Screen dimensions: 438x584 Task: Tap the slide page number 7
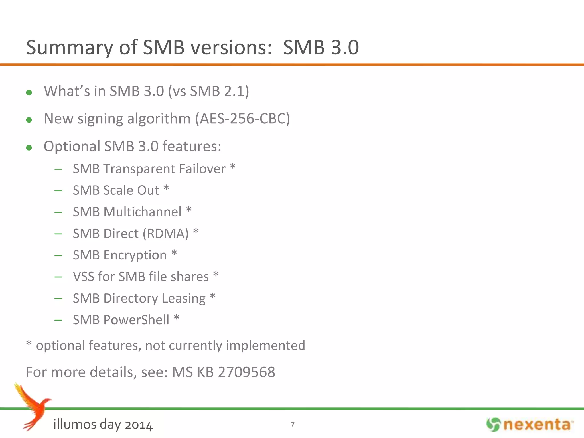(x=293, y=424)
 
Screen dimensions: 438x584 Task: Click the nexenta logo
(x=530, y=425)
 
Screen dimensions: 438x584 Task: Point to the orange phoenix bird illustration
(x=33, y=406)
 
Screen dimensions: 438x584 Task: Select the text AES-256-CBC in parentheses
(x=242, y=119)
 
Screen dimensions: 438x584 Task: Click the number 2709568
(x=247, y=372)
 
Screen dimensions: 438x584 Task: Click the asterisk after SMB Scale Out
(x=166, y=189)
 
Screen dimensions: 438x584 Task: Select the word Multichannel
(x=142, y=212)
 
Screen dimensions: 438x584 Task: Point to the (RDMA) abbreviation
(x=166, y=234)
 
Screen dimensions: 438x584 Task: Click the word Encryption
(x=135, y=255)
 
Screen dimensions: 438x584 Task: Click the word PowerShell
(x=136, y=320)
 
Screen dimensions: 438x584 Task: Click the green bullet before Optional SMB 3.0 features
(x=29, y=147)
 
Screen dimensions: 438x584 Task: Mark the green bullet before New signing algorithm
(x=29, y=120)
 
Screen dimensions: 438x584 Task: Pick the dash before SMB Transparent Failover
(x=58, y=169)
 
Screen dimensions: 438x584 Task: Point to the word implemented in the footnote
(x=265, y=345)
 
